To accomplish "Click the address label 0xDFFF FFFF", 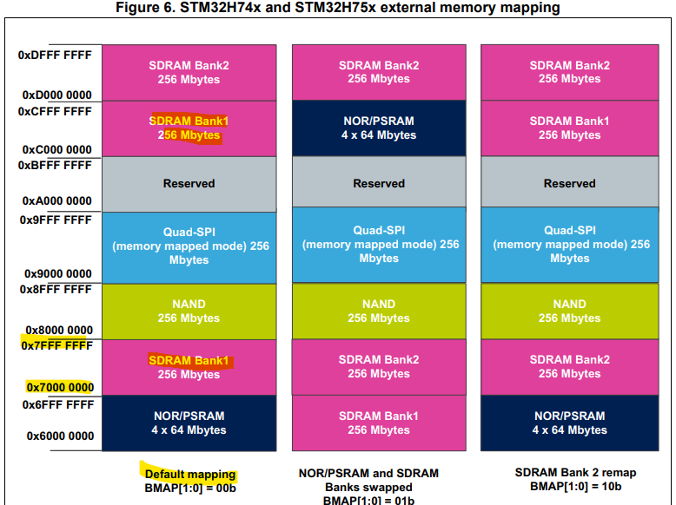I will click(55, 55).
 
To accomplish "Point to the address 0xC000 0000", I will click(57, 149).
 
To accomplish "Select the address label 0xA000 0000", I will click(57, 200).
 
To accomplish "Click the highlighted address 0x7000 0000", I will click(59, 387).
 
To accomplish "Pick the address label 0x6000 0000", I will click(59, 435).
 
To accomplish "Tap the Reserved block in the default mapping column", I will click(189, 183).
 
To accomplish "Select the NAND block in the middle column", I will click(379, 311).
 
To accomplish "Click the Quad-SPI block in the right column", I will click(569, 245).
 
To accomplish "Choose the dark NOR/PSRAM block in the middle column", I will click(379, 128).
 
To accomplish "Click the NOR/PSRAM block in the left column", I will click(189, 423).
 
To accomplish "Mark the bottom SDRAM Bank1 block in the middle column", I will click(379, 423).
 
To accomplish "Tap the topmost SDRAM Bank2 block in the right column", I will click(569, 72).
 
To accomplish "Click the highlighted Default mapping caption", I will click(189, 475).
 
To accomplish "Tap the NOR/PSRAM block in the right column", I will click(569, 423).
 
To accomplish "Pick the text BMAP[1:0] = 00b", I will click(189, 489).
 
